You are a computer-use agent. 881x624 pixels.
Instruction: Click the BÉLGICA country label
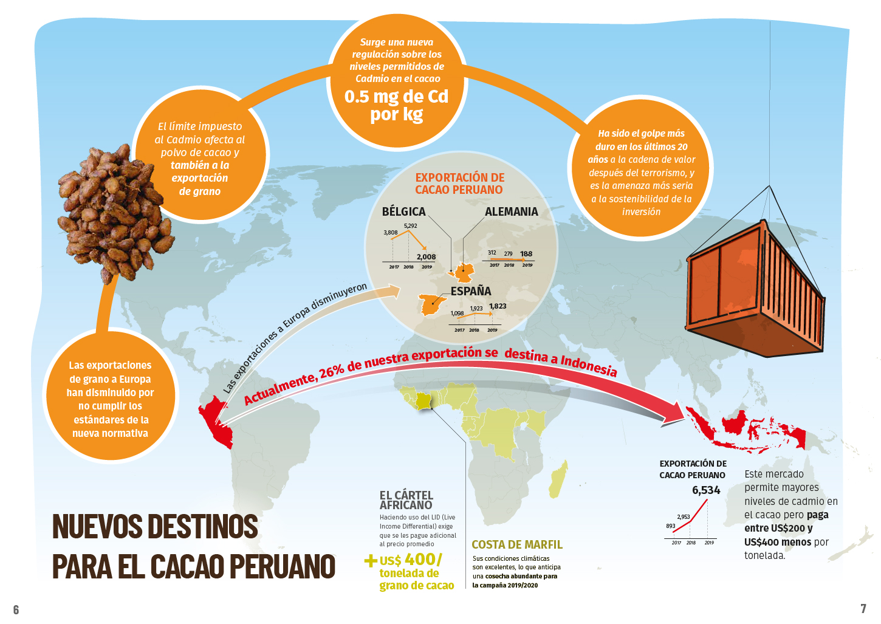[403, 211]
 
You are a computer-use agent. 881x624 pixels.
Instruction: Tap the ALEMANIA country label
[511, 211]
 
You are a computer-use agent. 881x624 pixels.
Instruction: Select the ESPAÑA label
[470, 291]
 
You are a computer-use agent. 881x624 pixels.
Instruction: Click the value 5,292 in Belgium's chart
[410, 226]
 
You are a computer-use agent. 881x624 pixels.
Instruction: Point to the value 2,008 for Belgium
[426, 257]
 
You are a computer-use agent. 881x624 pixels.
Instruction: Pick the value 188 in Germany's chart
[526, 254]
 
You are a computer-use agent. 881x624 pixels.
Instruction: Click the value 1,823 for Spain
[498, 306]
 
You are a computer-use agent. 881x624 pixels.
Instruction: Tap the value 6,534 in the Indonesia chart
[706, 490]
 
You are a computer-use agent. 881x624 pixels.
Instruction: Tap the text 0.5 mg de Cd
[396, 97]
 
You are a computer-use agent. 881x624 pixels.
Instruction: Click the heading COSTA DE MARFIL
[517, 544]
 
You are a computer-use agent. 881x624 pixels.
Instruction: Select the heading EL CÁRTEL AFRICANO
[406, 500]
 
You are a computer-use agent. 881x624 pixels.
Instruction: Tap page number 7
[863, 608]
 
